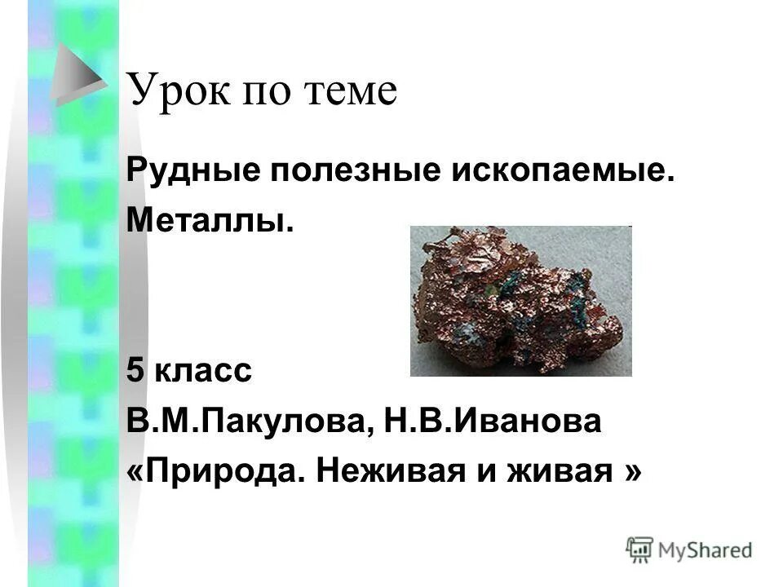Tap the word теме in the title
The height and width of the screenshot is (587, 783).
(351, 91)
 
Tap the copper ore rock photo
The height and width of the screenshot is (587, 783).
(520, 300)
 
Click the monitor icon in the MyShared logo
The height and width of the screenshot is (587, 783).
(640, 549)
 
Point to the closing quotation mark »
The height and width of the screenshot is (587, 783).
(631, 470)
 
